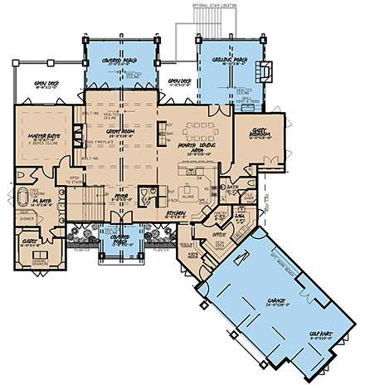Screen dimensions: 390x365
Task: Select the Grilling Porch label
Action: click(223, 58)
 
